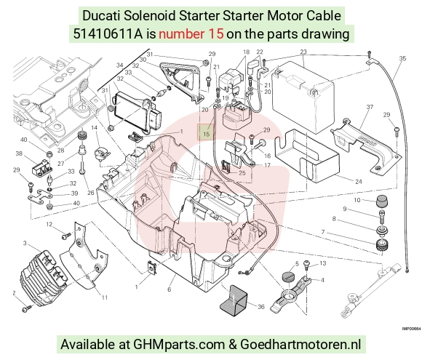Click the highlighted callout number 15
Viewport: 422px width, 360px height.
[x=206, y=133]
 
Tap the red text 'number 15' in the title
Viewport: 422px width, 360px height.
[x=191, y=34]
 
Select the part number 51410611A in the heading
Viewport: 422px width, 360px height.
[x=108, y=34]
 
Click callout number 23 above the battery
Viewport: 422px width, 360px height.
[x=303, y=52]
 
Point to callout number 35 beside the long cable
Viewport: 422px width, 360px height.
[x=402, y=58]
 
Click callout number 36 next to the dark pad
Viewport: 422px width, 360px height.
[x=261, y=306]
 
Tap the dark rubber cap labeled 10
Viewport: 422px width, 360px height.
[x=381, y=201]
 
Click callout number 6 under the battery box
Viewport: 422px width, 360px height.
[x=169, y=289]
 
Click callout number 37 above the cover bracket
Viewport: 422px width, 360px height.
[x=370, y=107]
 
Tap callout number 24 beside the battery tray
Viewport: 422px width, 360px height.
[x=359, y=182]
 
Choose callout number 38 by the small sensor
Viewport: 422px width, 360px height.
[x=19, y=153]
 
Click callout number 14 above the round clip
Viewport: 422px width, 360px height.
[x=94, y=127]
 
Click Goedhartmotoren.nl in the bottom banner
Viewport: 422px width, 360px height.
[x=300, y=344]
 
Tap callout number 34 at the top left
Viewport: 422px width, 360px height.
[x=120, y=65]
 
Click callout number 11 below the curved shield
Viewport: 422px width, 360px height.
[x=105, y=297]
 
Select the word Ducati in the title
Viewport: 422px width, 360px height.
[x=101, y=15]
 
